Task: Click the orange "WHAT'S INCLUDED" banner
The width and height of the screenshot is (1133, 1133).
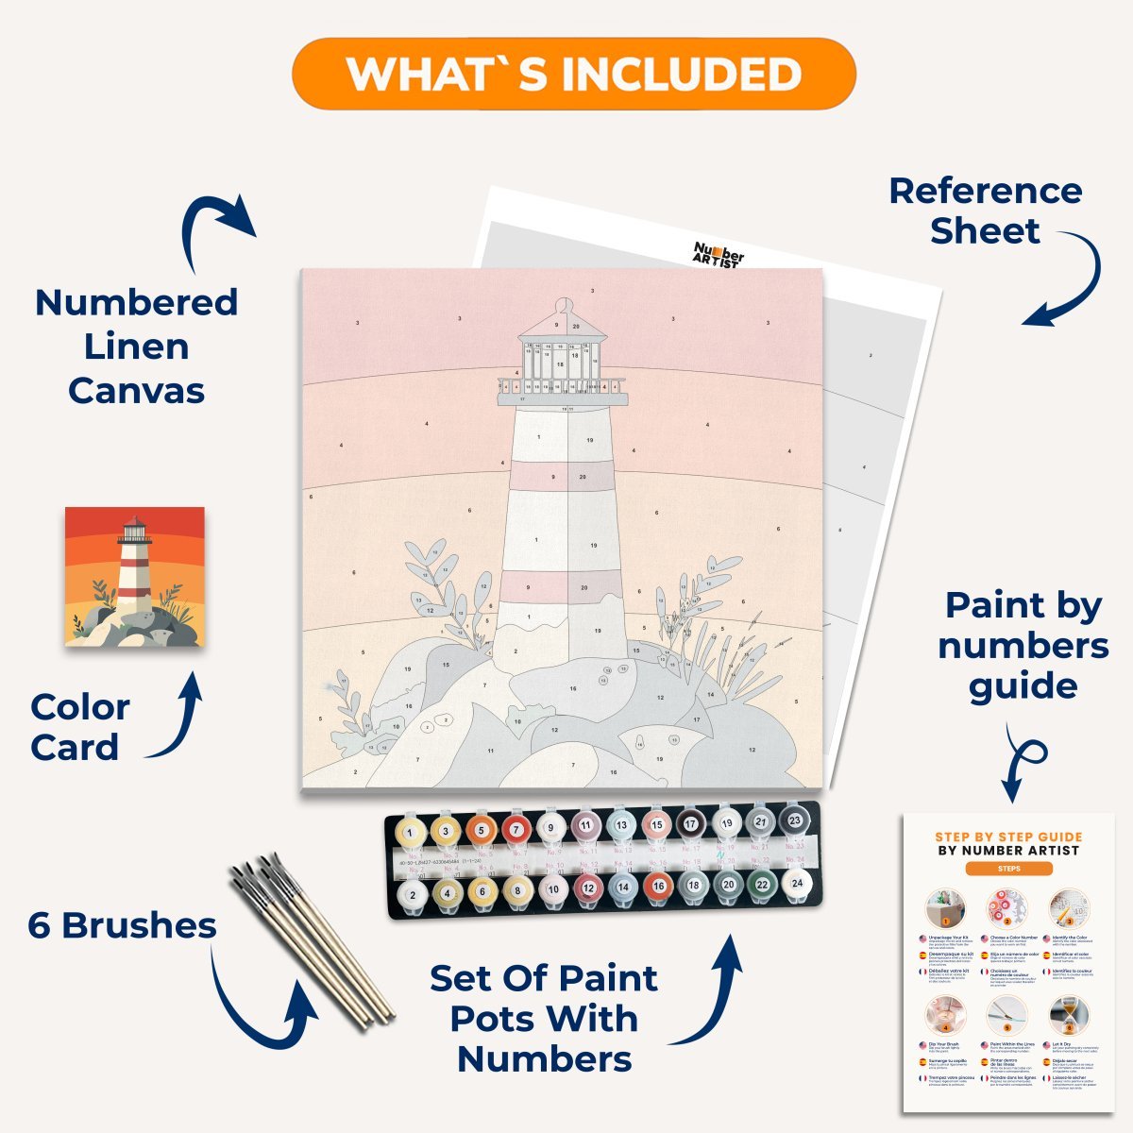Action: (574, 74)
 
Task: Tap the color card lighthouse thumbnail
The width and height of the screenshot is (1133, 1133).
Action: (135, 576)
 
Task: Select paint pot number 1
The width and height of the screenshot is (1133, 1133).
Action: (410, 833)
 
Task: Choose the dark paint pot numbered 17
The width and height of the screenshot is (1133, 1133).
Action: (690, 824)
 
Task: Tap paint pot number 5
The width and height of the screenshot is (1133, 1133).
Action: (480, 831)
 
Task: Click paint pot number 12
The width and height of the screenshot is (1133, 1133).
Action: (587, 888)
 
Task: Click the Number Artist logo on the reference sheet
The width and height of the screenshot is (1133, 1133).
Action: (719, 254)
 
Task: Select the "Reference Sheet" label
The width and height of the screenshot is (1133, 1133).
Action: (985, 211)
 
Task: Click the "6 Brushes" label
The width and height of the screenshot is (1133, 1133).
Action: (122, 925)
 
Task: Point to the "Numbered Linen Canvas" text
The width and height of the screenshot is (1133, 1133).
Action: (136, 347)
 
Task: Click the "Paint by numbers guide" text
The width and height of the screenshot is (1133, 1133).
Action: (1023, 646)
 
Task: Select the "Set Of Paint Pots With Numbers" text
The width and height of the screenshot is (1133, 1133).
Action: (544, 1019)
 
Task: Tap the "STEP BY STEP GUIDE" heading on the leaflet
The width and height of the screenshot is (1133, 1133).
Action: (1008, 837)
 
